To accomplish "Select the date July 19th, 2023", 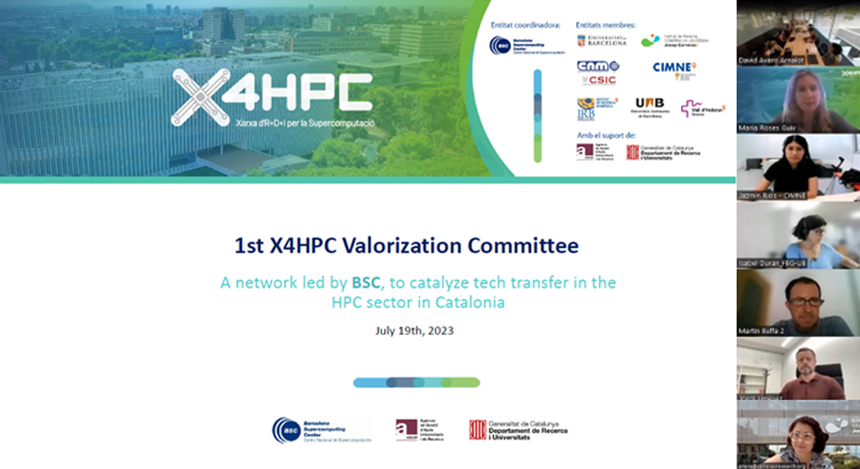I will tap(414, 331).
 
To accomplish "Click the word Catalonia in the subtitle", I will tap(469, 303).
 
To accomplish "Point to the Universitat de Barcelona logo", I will tap(602, 41).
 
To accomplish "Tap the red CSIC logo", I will tap(598, 80).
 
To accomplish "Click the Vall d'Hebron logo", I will tap(702, 109).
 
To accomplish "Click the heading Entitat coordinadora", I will tap(525, 25).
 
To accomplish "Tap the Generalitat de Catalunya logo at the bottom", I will tap(518, 430).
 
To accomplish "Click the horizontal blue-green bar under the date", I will tap(416, 382).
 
